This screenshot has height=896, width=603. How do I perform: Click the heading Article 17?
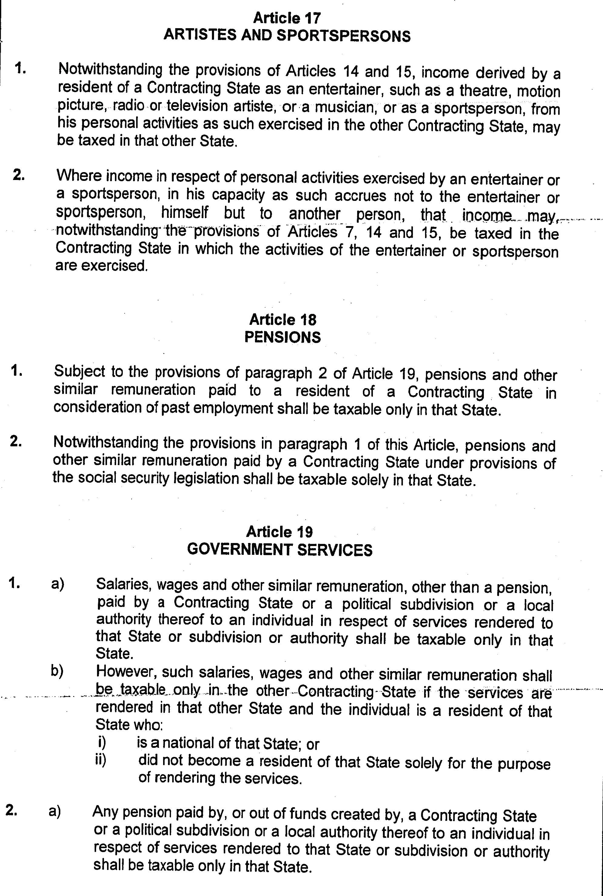pos(287,18)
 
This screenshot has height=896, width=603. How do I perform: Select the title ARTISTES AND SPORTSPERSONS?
pos(287,36)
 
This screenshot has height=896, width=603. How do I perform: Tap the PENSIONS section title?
pos(283,337)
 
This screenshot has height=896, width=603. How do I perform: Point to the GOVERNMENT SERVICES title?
pos(280,550)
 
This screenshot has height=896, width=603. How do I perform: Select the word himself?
pos(185,213)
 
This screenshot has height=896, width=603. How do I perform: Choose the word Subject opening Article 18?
pos(79,371)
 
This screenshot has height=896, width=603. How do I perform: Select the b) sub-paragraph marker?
pos(57,671)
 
